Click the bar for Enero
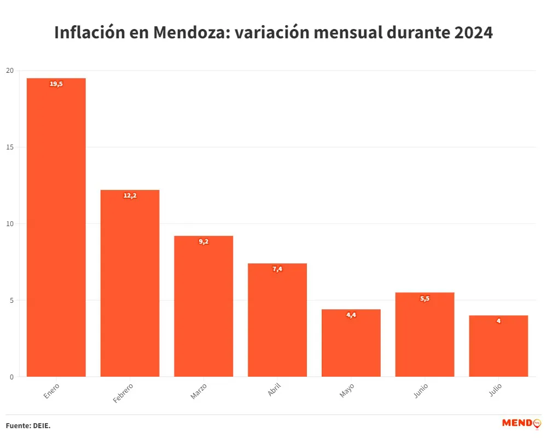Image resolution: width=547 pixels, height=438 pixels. tap(56, 227)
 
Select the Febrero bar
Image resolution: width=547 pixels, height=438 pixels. tap(130, 283)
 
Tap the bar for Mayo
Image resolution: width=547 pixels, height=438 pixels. tap(351, 343)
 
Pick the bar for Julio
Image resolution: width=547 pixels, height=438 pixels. tap(498, 346)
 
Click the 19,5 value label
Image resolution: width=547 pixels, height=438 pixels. tap(56, 84)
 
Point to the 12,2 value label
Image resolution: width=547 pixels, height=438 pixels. tap(130, 195)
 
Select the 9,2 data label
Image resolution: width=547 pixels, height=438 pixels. tap(203, 241)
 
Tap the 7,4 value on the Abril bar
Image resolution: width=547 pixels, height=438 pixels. tap(277, 269)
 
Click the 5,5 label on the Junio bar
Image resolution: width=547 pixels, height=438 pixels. tap(424, 298)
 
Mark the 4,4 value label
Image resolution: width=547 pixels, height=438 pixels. tap(351, 315)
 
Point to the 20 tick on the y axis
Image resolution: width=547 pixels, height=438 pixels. tap(10, 71)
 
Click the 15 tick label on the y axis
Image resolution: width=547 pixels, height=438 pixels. tap(10, 147)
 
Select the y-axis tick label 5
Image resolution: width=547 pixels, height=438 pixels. tap(11, 300)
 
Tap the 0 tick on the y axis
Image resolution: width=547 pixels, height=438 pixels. tap(11, 377)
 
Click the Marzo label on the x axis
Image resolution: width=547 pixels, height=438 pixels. tap(199, 391)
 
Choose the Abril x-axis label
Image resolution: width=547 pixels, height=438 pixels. tap(275, 389)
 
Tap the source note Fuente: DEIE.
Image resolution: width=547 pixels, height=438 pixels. tap(28, 425)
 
